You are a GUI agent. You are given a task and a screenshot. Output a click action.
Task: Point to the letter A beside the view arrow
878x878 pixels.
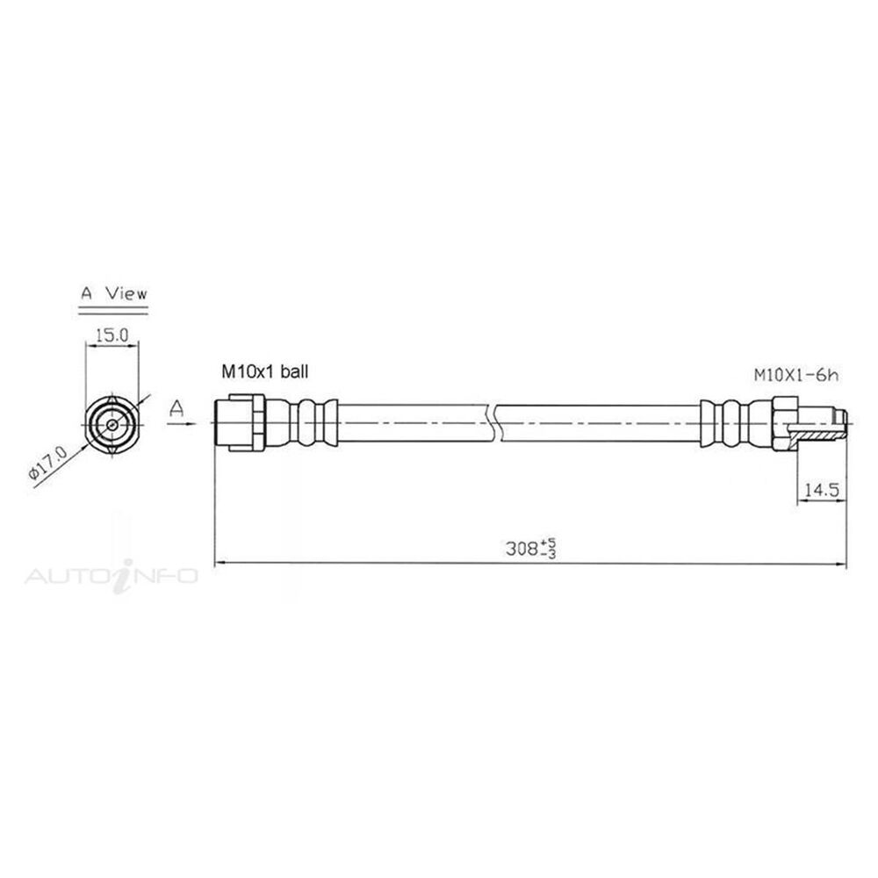[x=177, y=407]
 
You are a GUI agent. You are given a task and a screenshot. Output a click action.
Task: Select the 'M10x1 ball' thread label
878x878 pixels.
[x=263, y=372]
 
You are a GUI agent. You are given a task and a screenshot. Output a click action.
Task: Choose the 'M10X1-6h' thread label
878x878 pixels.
[x=797, y=375]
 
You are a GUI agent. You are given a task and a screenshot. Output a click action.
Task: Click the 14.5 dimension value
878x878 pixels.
[x=822, y=492]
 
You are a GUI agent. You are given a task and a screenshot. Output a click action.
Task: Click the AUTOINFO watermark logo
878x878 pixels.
[x=112, y=576]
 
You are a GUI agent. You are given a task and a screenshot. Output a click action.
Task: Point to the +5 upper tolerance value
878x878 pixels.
[x=551, y=544]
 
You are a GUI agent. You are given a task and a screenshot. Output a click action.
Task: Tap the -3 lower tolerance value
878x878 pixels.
[x=551, y=556]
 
